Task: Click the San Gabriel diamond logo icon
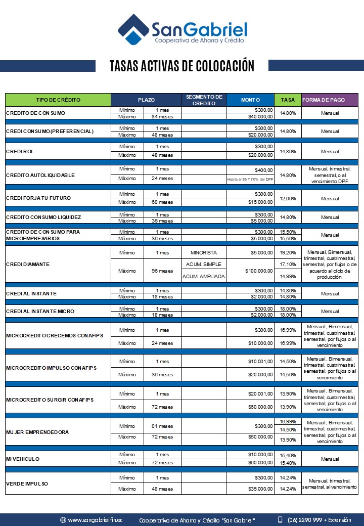pyautogui.click(x=133, y=30)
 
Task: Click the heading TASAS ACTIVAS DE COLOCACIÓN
pyautogui.click(x=182, y=66)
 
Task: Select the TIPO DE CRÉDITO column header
pyautogui.click(x=58, y=100)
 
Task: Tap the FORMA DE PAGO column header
pyautogui.click(x=324, y=100)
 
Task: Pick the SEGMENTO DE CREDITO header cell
pyautogui.click(x=204, y=100)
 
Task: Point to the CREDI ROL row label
pyautogui.click(x=20, y=151)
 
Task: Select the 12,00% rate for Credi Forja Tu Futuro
pyautogui.click(x=288, y=198)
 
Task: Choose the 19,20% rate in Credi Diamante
pyautogui.click(x=288, y=252)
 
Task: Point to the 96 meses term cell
pyautogui.click(x=162, y=271)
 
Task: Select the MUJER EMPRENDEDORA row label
pyautogui.click(x=37, y=432)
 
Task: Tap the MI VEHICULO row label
pyautogui.click(x=23, y=459)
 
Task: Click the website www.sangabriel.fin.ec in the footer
pyautogui.click(x=95, y=520)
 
